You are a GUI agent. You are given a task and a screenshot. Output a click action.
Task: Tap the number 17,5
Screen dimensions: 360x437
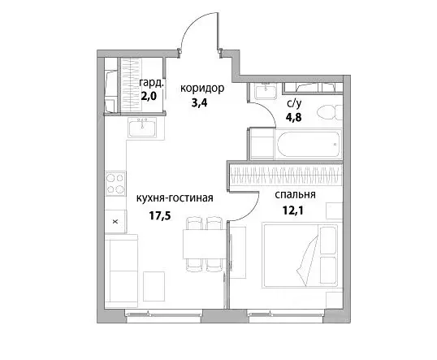[163, 216]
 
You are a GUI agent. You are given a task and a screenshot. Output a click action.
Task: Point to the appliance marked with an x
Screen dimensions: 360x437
[115, 219]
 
